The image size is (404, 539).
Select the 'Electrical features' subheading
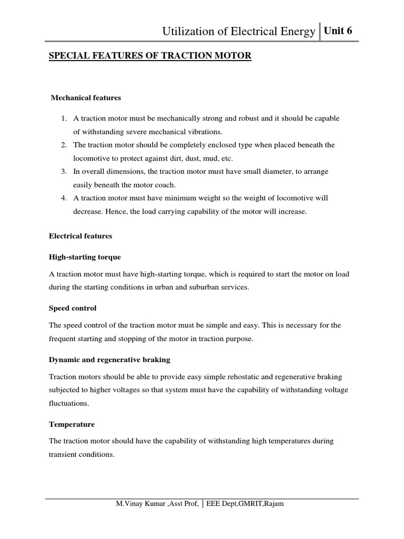pos(80,236)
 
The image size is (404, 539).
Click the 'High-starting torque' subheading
pos(85,257)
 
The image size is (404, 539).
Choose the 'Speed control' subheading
pos(73,307)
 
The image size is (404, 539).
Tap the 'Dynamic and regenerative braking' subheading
pos(109,360)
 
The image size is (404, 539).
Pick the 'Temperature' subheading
pos(72,424)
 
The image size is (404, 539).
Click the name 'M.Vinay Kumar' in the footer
pos(139,504)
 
